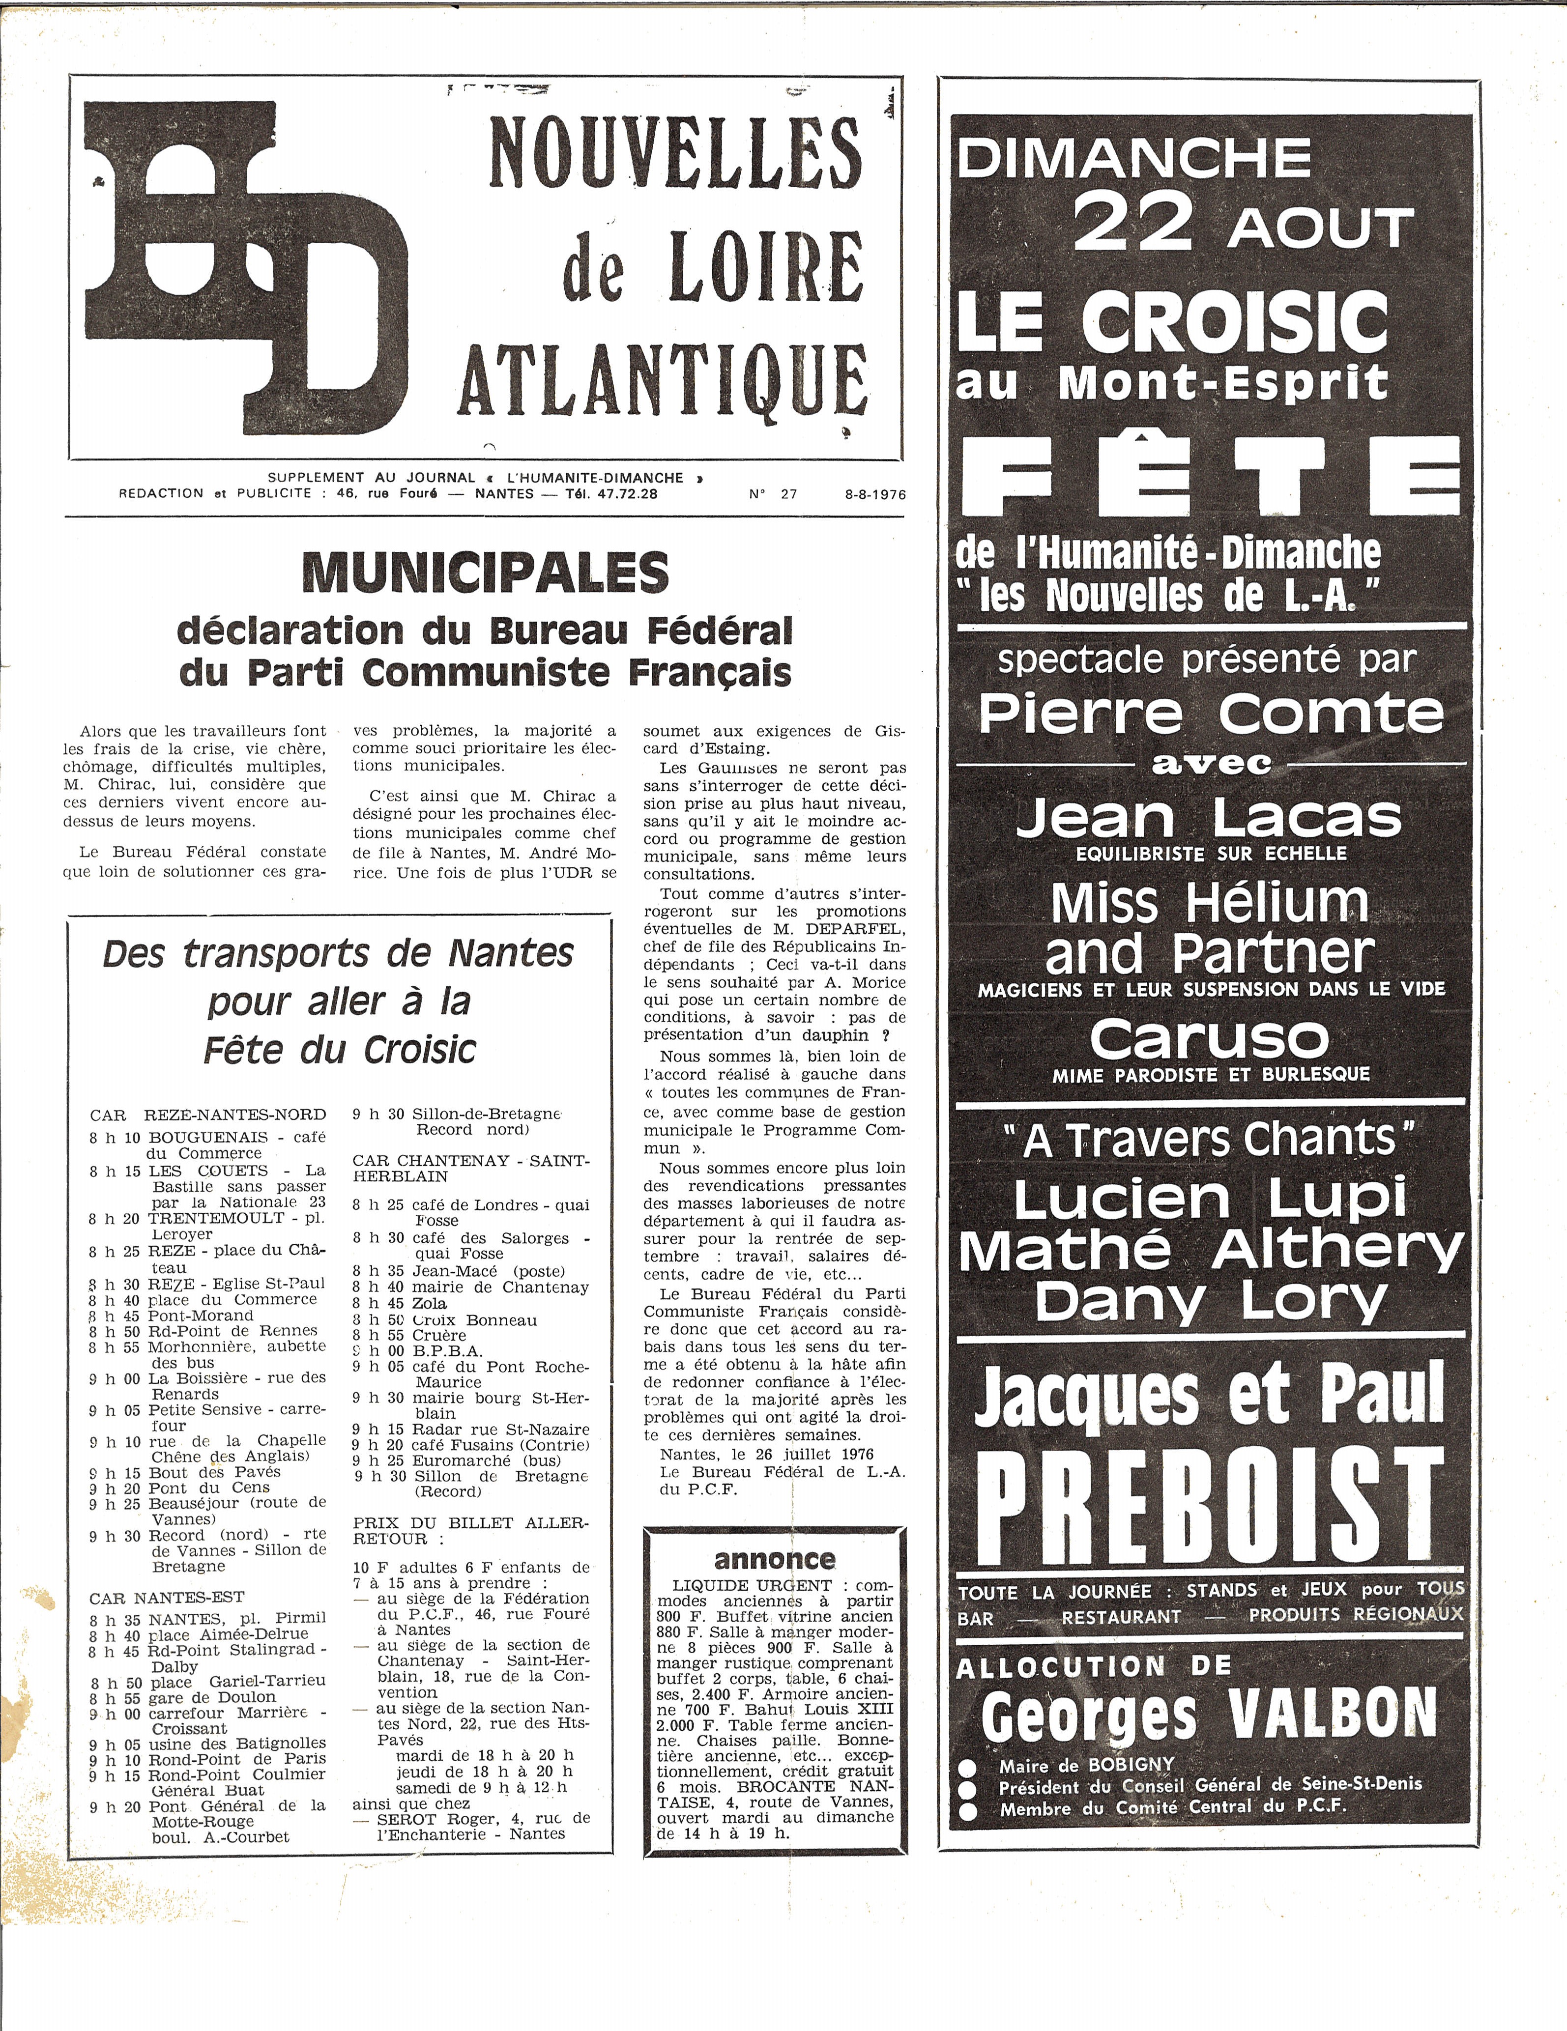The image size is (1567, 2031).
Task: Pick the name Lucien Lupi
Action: [x=1210, y=1200]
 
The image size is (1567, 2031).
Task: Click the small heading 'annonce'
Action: [x=775, y=1560]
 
